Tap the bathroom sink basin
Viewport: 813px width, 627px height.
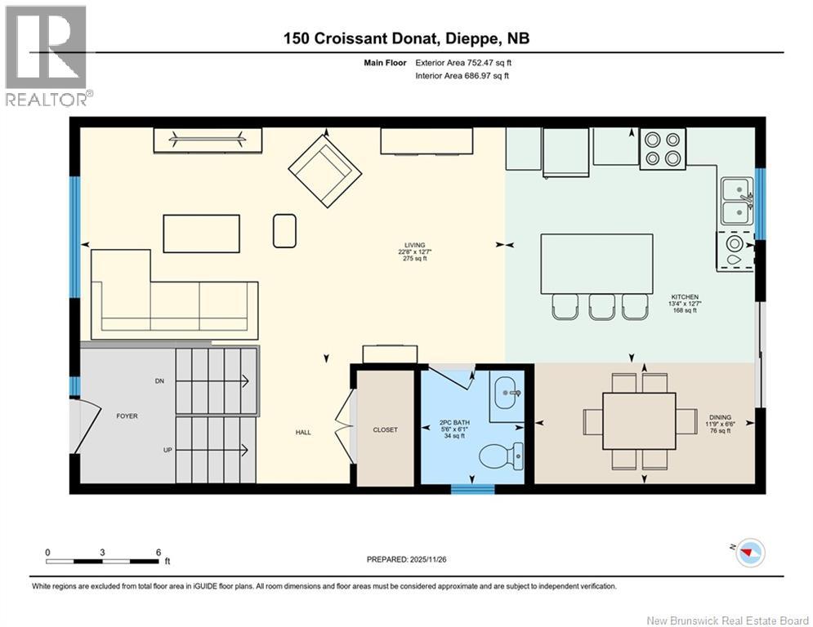point(506,393)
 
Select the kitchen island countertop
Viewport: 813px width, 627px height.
point(596,264)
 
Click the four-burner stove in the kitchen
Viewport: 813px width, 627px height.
point(663,149)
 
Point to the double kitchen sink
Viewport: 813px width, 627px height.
point(737,201)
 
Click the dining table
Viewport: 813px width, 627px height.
point(639,421)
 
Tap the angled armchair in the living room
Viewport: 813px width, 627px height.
point(325,169)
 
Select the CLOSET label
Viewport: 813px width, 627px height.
point(385,430)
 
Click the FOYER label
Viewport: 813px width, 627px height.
point(127,416)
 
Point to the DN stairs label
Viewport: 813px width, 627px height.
point(159,381)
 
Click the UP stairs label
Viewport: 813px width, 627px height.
point(168,451)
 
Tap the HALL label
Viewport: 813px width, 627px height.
point(303,432)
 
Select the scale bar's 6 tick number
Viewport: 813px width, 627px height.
point(159,553)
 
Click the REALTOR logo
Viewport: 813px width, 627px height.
point(46,56)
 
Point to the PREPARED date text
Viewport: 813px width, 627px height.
point(407,559)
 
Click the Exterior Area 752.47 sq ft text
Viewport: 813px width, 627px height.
point(463,63)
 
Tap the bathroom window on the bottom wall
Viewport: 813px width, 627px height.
point(472,489)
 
